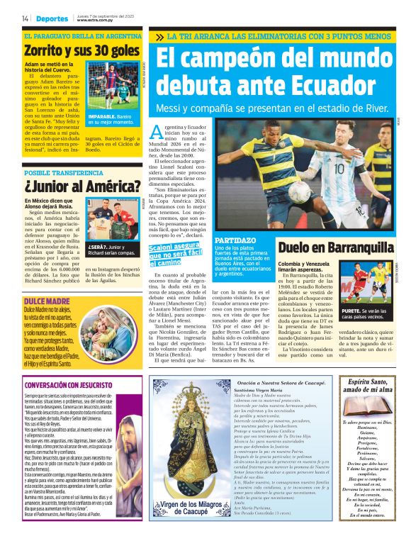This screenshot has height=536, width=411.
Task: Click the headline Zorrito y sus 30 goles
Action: (81, 50)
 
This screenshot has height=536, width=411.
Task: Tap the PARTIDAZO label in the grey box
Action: (255, 240)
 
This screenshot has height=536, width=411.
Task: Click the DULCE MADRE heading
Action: (48, 301)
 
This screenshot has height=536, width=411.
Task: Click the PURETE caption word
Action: (351, 310)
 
